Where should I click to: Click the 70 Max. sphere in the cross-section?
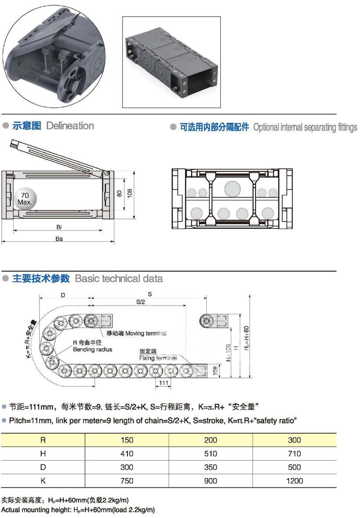(x=25, y=199)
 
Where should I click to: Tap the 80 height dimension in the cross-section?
(x=119, y=193)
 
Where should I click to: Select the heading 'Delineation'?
(x=70, y=126)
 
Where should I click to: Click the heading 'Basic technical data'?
(x=119, y=278)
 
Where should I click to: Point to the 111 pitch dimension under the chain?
(x=164, y=383)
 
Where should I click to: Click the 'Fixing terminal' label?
(x=158, y=358)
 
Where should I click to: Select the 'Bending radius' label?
(x=93, y=349)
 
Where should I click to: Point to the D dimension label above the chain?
(x=63, y=295)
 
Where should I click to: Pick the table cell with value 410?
(x=126, y=453)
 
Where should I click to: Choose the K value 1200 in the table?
(x=294, y=481)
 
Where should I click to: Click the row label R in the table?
(x=43, y=440)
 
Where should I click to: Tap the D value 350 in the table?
(x=210, y=467)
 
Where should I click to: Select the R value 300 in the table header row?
(x=294, y=440)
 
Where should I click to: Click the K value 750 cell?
(x=126, y=481)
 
